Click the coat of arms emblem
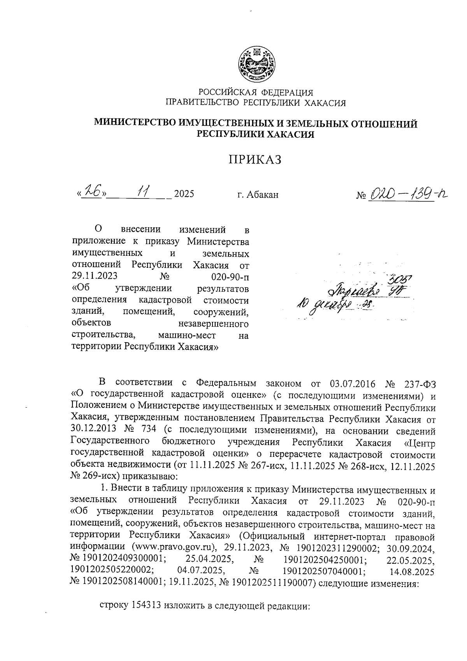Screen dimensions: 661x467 (x=256, y=65)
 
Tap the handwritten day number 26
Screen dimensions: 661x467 (x=93, y=192)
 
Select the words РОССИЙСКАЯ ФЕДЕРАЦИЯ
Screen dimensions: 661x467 (x=256, y=92)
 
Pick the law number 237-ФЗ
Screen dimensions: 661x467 (x=419, y=384)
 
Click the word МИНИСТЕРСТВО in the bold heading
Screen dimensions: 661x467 (x=135, y=124)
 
